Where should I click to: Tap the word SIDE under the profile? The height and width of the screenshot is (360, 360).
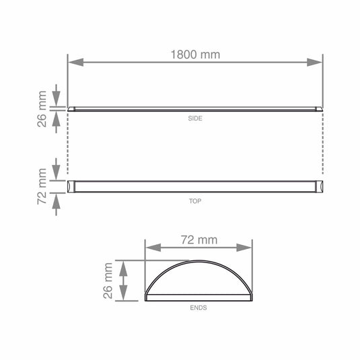pos(195,118)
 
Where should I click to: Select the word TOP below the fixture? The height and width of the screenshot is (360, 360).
pos(195,201)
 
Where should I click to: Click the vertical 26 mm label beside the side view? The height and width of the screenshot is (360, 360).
pos(42,109)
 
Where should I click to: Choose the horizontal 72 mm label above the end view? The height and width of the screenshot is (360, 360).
pos(199,240)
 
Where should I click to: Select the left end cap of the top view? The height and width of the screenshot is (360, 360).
pos(70,185)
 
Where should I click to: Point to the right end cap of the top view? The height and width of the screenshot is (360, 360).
pos(320,185)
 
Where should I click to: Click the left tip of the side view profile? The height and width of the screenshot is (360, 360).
pos(69,110)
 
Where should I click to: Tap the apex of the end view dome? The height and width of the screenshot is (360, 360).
pos(199,260)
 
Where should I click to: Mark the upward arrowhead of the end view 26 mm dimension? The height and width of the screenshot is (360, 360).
pos(123,266)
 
